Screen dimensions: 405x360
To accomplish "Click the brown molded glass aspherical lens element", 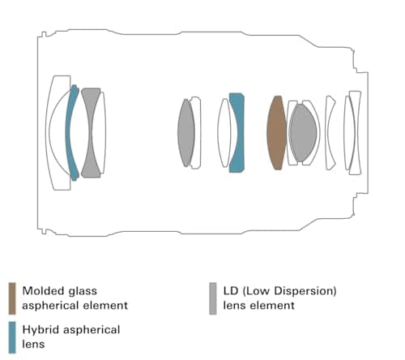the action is pyautogui.click(x=276, y=133).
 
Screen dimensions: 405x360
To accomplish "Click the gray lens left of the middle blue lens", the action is pyautogui.click(x=186, y=133).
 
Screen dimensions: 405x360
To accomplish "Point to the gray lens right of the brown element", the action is pyautogui.click(x=302, y=132).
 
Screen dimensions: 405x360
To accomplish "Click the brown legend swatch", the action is pyautogui.click(x=12, y=298).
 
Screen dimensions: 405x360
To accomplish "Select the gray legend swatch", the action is pyautogui.click(x=213, y=298).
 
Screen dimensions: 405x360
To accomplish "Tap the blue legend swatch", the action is pyautogui.click(x=12, y=337).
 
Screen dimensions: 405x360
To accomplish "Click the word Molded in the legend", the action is pyautogui.click(x=44, y=291).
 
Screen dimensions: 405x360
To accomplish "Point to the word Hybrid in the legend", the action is pyautogui.click(x=41, y=330).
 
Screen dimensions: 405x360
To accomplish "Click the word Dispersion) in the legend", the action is pyautogui.click(x=305, y=291).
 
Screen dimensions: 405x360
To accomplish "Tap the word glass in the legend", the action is pyautogui.click(x=83, y=292).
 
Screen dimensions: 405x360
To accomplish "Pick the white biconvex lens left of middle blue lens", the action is pyautogui.click(x=224, y=133).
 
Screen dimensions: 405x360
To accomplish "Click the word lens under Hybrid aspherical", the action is pyautogui.click(x=33, y=345).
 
